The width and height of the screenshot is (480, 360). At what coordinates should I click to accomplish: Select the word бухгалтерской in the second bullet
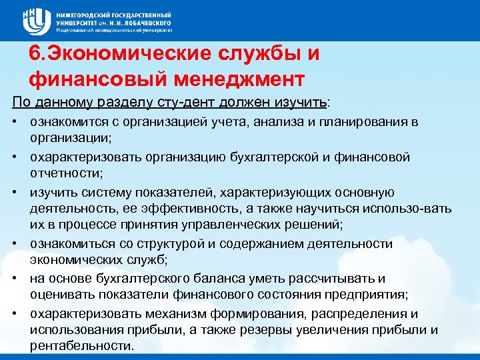(287, 157)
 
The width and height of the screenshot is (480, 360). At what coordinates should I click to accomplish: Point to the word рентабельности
(81, 345)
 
